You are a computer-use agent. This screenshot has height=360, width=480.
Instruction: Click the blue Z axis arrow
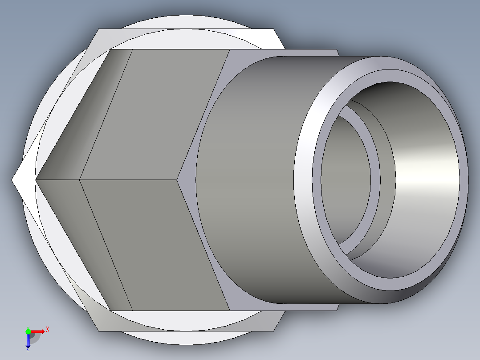click(28, 340)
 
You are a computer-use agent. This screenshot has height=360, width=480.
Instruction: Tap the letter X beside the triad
click(48, 329)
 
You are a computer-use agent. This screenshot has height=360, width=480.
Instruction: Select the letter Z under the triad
click(28, 349)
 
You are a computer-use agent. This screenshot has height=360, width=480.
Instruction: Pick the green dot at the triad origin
click(28, 331)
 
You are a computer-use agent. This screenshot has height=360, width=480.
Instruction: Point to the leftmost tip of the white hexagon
click(12, 180)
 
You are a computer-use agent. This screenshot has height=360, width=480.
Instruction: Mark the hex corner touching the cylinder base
click(179, 180)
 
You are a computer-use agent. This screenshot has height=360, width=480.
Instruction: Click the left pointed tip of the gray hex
click(36, 180)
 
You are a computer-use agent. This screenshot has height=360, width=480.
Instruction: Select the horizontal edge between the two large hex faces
click(129, 180)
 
